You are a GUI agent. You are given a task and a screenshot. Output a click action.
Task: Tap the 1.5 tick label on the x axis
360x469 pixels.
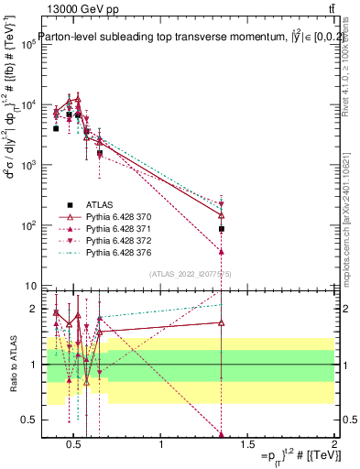click(247, 445)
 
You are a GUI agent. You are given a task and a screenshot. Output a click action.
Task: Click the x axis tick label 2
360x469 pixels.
click(333, 445)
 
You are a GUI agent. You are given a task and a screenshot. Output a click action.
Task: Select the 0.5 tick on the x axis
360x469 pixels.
click(74, 445)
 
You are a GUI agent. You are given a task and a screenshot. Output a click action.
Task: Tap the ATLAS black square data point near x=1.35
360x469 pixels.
click(222, 228)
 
